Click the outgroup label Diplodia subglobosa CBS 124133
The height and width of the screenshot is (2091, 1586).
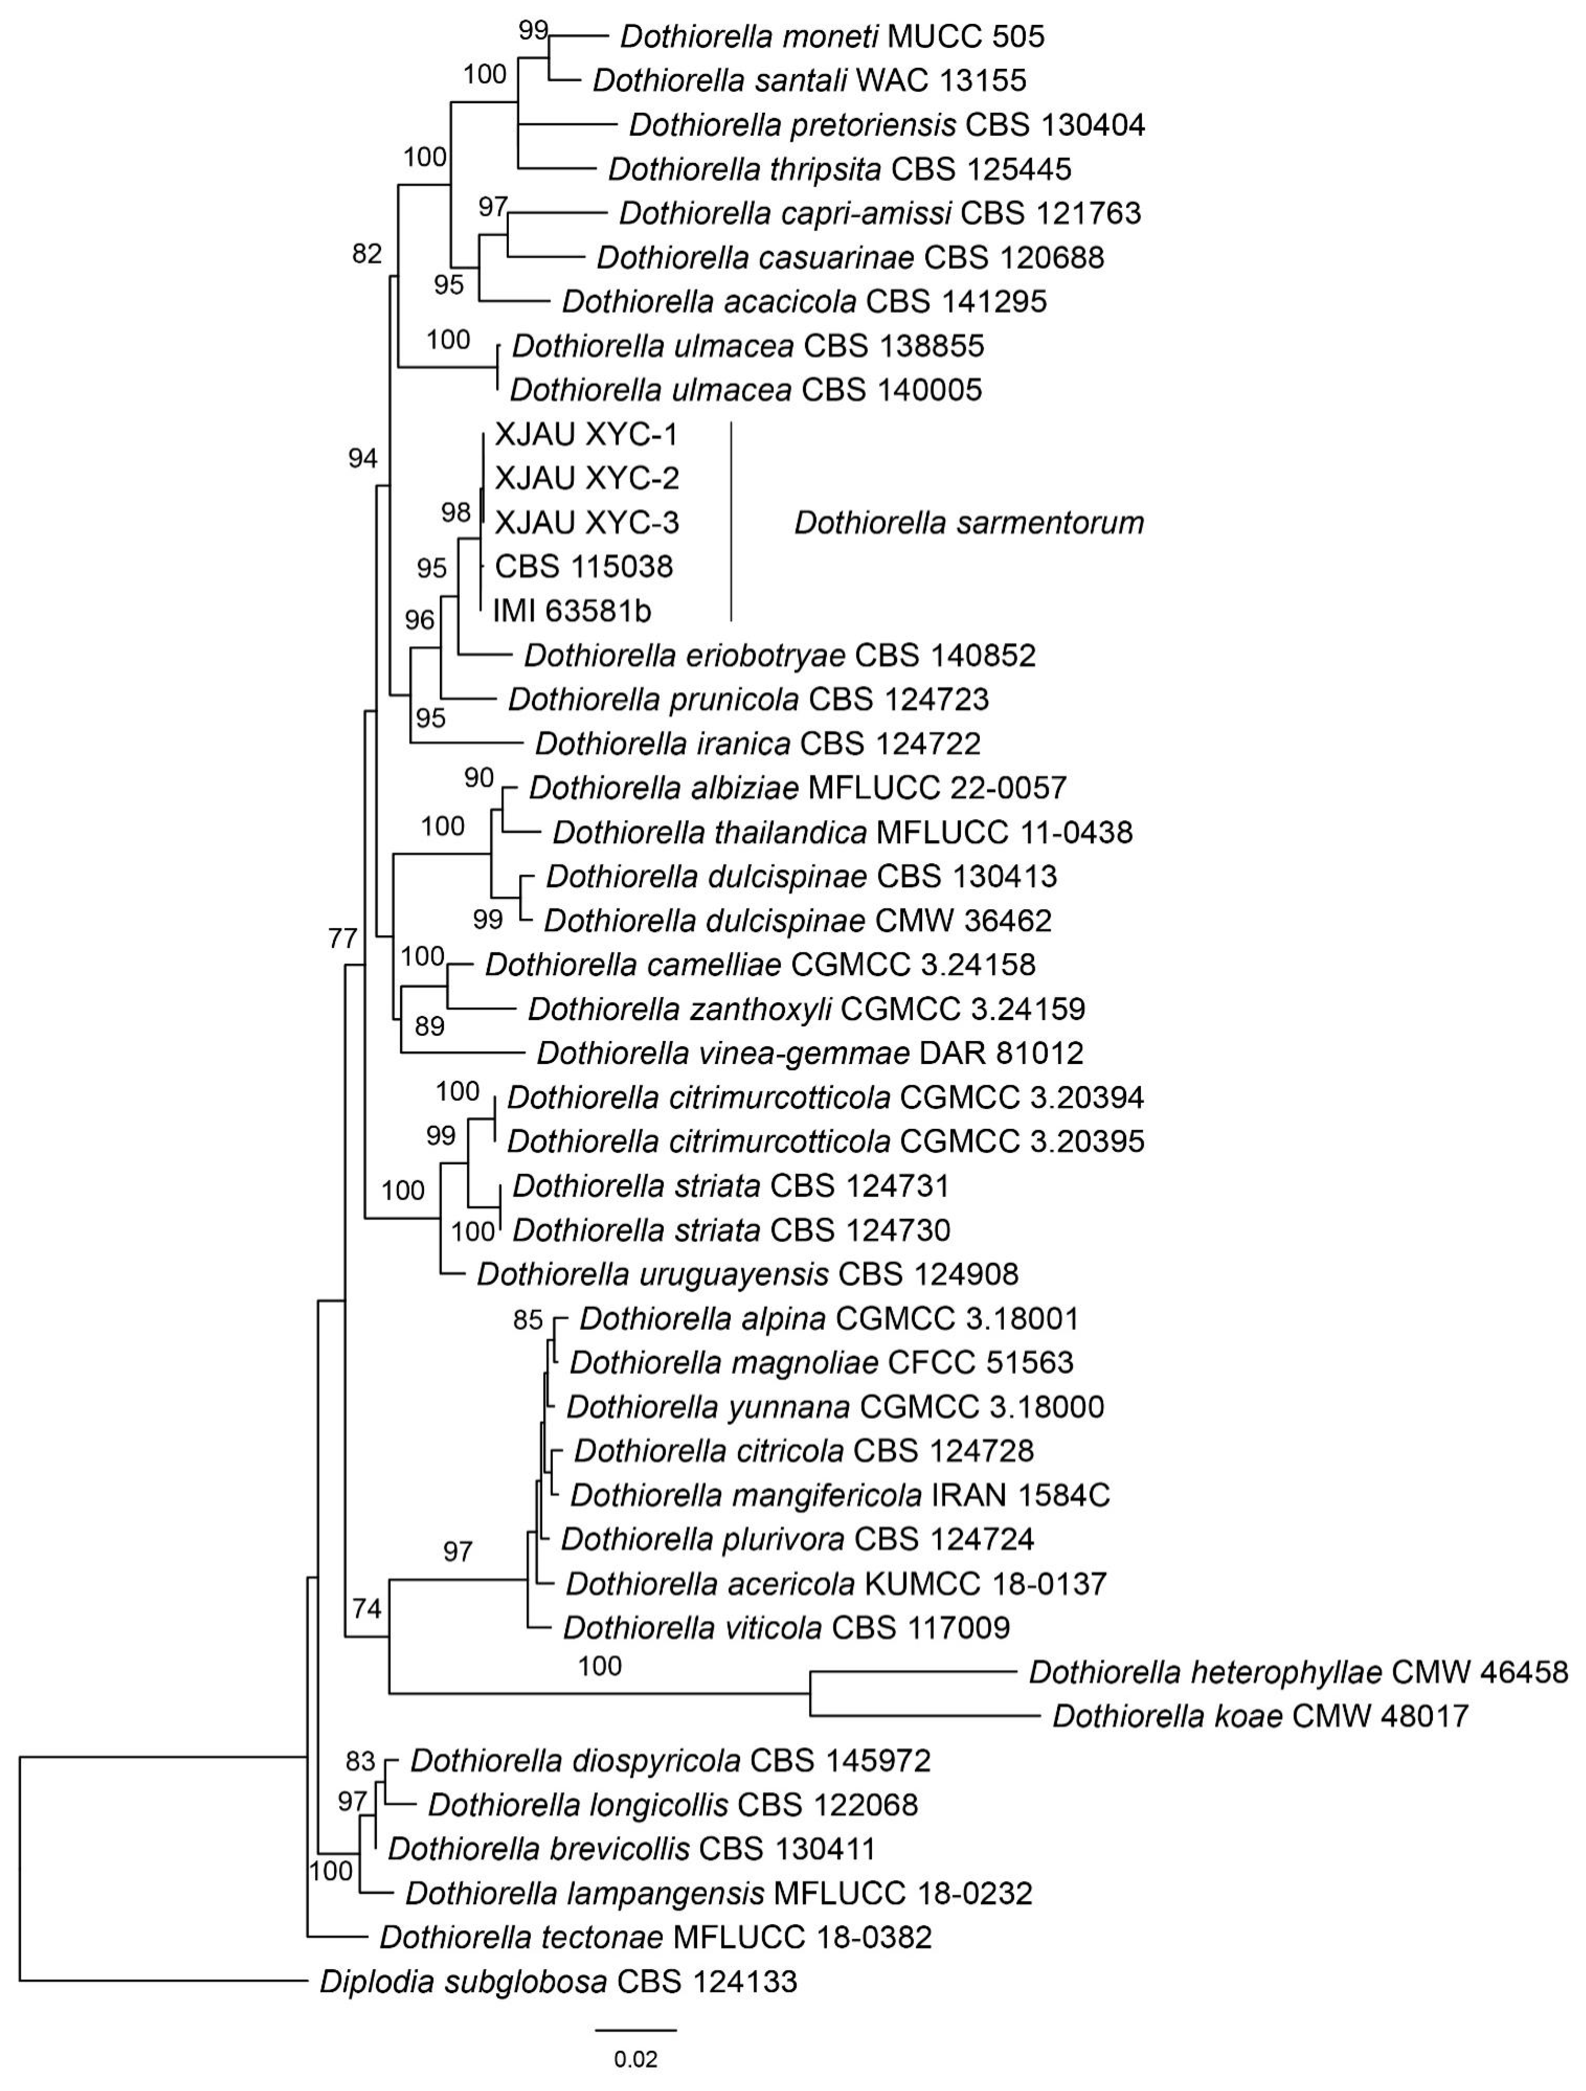click(558, 1981)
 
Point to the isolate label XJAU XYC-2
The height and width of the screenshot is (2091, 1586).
click(586, 478)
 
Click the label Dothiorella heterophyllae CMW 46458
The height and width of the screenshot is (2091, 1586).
click(1297, 1672)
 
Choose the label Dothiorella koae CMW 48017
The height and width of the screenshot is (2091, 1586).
click(1260, 1716)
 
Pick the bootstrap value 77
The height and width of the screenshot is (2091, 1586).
click(342, 939)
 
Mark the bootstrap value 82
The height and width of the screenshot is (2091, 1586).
click(367, 253)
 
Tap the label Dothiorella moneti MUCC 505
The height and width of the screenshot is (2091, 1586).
click(832, 37)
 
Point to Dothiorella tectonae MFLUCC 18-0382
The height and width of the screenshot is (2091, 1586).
click(655, 1937)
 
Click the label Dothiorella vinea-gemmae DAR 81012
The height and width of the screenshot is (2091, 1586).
click(810, 1052)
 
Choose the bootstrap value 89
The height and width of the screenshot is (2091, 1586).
click(429, 1026)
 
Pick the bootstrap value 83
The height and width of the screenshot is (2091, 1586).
click(360, 1761)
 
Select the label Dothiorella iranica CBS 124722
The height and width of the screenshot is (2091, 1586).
click(758, 743)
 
